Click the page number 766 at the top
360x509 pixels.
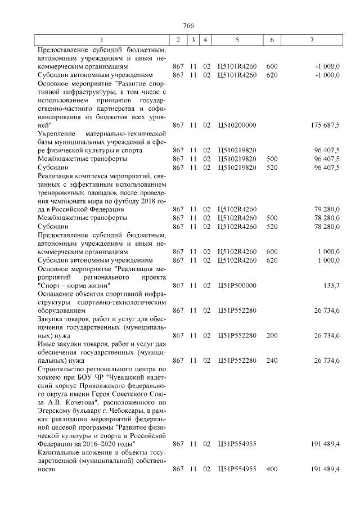(x=188, y=26)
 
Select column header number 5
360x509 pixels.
(x=237, y=40)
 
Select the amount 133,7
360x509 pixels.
(x=330, y=285)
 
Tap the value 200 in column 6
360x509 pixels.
(x=272, y=336)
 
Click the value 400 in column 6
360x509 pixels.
(x=272, y=469)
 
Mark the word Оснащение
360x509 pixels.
(x=54, y=294)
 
